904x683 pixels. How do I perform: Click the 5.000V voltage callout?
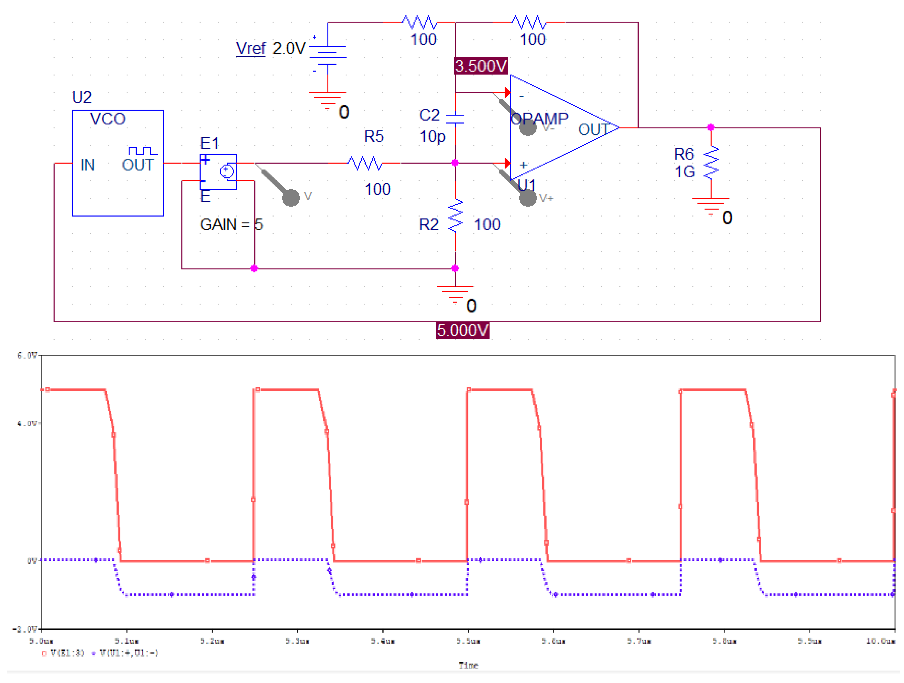(462, 330)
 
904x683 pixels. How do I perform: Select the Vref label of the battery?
(251, 49)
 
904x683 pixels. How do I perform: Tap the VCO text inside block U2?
(108, 119)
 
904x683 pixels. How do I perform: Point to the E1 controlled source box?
(218, 172)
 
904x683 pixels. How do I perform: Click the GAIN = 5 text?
(231, 225)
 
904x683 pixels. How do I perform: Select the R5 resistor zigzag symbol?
(365, 163)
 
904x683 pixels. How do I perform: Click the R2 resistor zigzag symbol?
(455, 216)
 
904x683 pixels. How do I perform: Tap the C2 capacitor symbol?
(455, 119)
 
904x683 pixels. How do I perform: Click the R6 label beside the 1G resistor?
(684, 154)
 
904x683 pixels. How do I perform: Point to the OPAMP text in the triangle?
(539, 119)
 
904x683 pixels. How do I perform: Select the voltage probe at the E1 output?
(291, 197)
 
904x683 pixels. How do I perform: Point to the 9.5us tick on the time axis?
(468, 641)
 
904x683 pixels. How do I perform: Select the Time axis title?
(468, 666)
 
